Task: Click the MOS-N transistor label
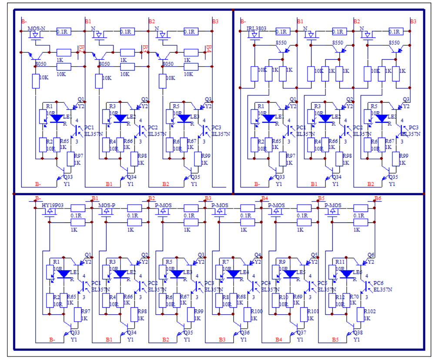point(37,28)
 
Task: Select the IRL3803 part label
point(257,28)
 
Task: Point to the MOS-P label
point(107,205)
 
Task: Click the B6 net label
point(378,199)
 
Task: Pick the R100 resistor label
point(257,311)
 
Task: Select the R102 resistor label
point(370,311)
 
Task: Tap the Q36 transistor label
point(245,333)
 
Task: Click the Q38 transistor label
point(358,333)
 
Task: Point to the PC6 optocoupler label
point(378,283)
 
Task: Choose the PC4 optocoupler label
point(265,283)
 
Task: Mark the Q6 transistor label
point(371,255)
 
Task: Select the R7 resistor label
point(225,262)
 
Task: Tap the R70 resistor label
point(354,296)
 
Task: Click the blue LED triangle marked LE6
point(347,274)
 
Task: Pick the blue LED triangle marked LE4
point(234,274)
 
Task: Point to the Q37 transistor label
point(301,333)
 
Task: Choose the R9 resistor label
point(281,262)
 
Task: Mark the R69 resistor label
point(298,296)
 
